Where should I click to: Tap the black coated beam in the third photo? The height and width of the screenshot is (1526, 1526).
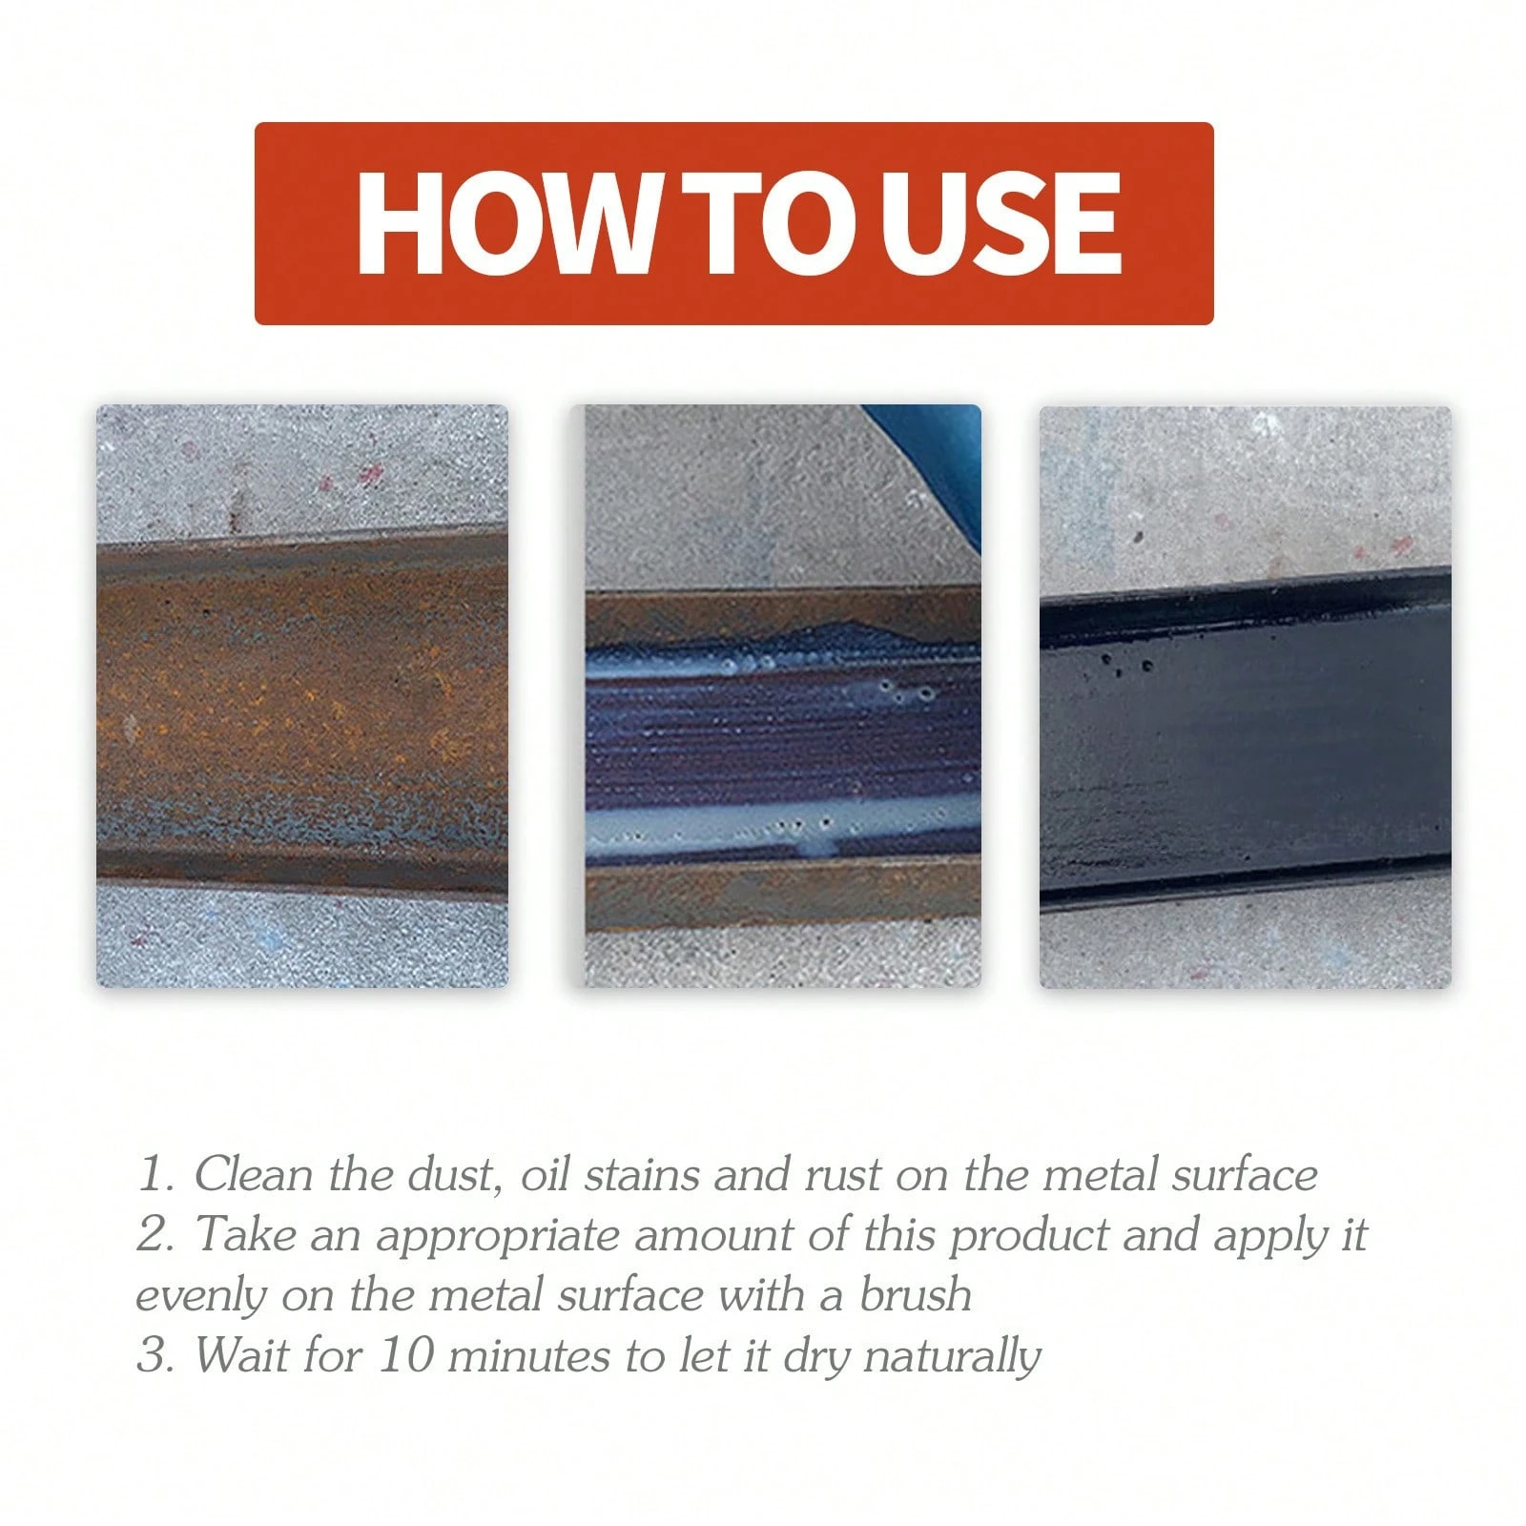click(x=1245, y=744)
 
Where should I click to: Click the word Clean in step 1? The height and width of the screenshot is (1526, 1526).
click(x=253, y=1175)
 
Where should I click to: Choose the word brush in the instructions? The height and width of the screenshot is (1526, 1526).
click(x=916, y=1296)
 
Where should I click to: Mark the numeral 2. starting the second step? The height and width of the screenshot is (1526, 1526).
click(x=155, y=1236)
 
